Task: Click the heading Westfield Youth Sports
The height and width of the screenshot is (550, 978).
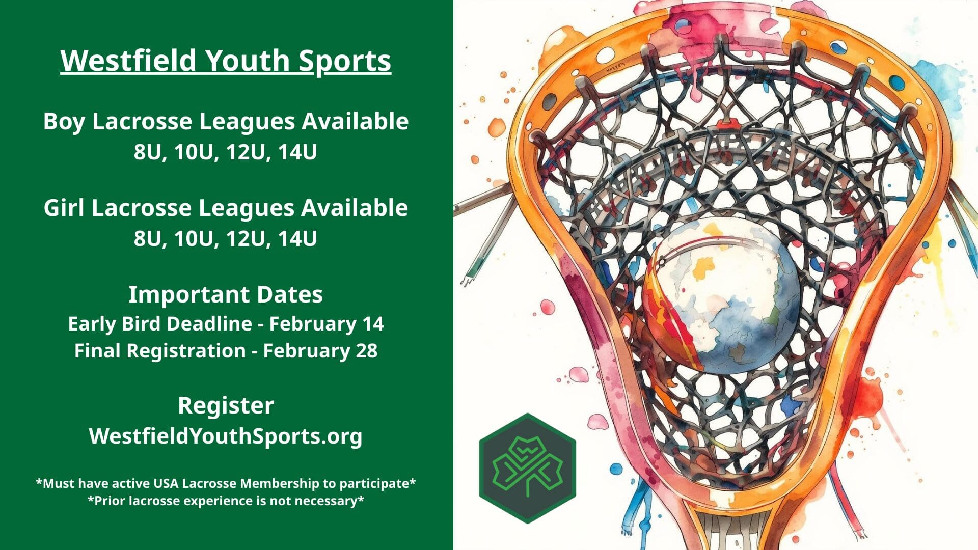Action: coord(226,62)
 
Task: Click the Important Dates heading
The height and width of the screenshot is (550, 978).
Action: coord(226,294)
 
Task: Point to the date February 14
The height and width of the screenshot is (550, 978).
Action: coord(327,324)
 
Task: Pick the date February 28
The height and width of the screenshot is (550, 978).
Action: coord(320,351)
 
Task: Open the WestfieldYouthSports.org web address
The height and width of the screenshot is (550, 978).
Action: coord(226,436)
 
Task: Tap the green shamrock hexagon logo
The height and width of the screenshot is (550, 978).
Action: coord(528,468)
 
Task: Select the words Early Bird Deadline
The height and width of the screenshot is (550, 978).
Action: coord(160,324)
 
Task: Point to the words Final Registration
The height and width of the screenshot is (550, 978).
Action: coord(160,351)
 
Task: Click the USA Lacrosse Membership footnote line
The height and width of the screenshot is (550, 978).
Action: coord(226,483)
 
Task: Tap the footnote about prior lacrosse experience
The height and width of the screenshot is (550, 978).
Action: coord(226,501)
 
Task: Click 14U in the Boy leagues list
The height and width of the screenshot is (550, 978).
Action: coord(297,152)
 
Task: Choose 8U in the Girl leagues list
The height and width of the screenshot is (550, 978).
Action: coord(147,239)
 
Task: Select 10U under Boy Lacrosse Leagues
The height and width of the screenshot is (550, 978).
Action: coord(194,152)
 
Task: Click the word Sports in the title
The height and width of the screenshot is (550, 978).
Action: coord(345,62)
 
